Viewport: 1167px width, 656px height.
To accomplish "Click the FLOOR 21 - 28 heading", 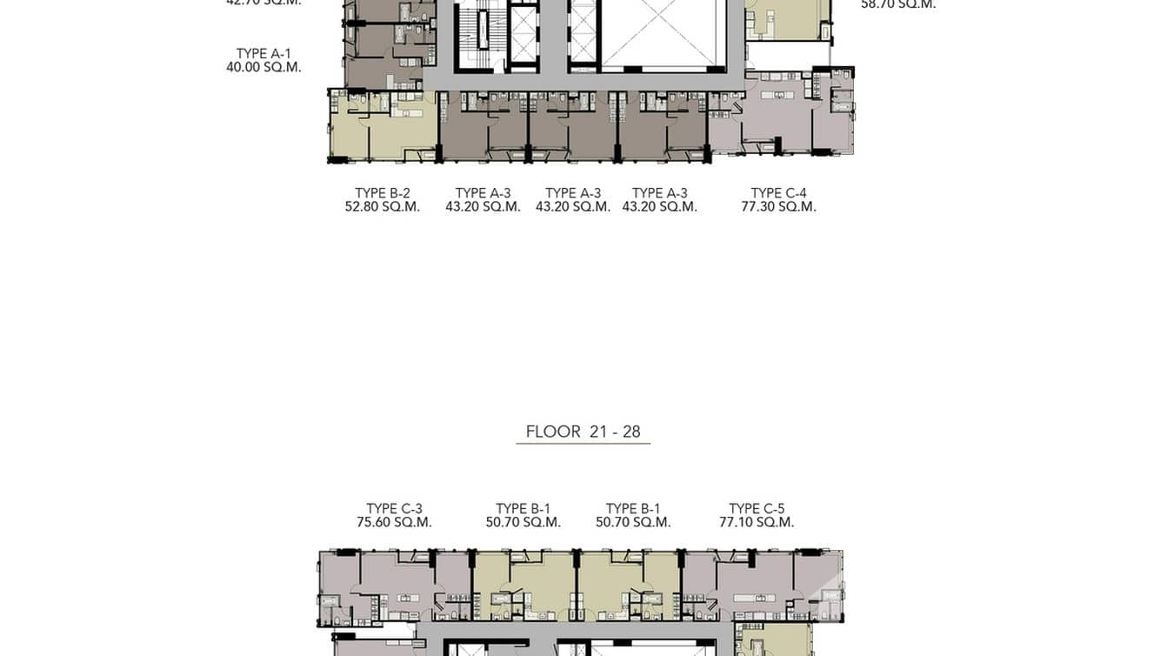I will pyautogui.click(x=583, y=432).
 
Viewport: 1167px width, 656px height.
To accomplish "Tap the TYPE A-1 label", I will pyautogui.click(x=263, y=53).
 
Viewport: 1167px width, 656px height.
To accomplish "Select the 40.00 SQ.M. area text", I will pyautogui.click(x=263, y=67).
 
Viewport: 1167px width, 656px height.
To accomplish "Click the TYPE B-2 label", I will pyautogui.click(x=382, y=193).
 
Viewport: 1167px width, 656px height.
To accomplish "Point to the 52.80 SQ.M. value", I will pyautogui.click(x=382, y=207).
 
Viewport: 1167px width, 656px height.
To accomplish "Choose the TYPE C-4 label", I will pyautogui.click(x=778, y=193).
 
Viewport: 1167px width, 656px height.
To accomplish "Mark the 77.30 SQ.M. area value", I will pyautogui.click(x=778, y=207).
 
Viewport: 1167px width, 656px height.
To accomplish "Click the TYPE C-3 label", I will pyautogui.click(x=394, y=509).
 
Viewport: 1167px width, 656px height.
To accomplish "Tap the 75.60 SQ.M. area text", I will pyautogui.click(x=394, y=523).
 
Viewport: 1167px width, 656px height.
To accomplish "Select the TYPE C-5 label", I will pyautogui.click(x=757, y=509).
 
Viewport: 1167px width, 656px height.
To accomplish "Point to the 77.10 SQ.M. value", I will pyautogui.click(x=757, y=523).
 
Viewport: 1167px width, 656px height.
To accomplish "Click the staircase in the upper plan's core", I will pyautogui.click(x=472, y=35).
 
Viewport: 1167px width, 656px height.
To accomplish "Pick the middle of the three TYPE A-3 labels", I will pyautogui.click(x=573, y=193).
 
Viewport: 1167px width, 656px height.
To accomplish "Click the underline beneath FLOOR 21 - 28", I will pyautogui.click(x=583, y=444).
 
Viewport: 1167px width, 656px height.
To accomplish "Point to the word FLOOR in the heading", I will pyautogui.click(x=553, y=432).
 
